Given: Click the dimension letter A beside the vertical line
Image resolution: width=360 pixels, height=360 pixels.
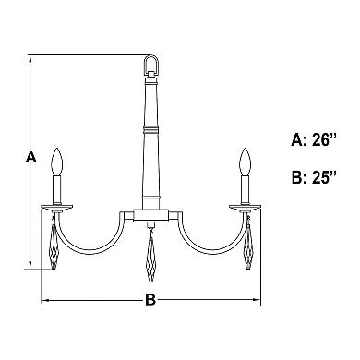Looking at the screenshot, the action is click(31, 157).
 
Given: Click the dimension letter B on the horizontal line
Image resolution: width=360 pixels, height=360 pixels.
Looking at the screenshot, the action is click(150, 300).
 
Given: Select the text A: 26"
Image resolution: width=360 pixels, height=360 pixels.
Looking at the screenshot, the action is click(314, 140).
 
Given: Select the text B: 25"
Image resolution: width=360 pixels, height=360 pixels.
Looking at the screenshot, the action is click(314, 177).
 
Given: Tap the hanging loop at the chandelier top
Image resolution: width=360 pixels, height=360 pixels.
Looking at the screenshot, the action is click(151, 65).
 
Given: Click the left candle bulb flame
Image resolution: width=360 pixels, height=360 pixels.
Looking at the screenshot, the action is click(57, 162).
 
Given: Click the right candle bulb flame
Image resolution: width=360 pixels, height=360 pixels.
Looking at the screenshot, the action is click(246, 162).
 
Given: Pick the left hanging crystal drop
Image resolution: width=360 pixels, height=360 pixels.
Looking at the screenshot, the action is click(54, 246).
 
